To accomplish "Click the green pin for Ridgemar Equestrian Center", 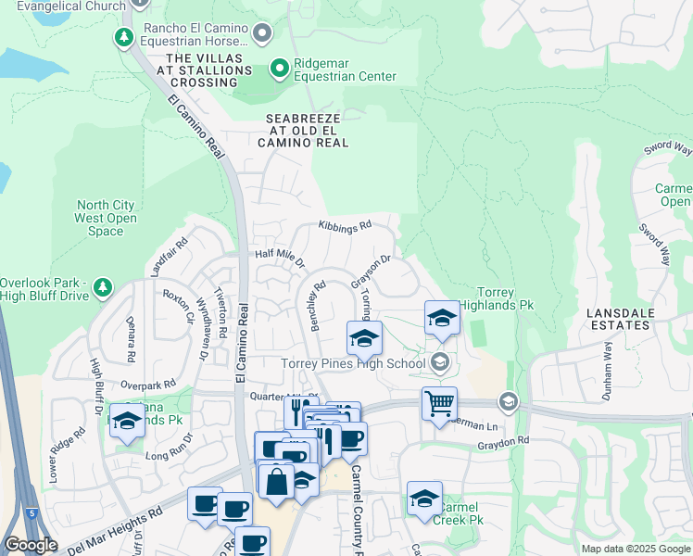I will point(278,68).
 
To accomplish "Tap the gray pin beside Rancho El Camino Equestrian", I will point(262,34).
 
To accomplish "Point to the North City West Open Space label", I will point(106,218).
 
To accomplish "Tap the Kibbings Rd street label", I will point(344,225).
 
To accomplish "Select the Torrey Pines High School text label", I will point(353,363).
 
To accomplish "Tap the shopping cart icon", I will point(439,402).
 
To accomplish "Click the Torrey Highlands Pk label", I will point(505,297).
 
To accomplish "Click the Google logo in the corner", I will point(31,545).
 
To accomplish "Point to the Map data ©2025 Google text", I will point(635,549).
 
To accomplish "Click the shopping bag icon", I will point(276,481).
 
